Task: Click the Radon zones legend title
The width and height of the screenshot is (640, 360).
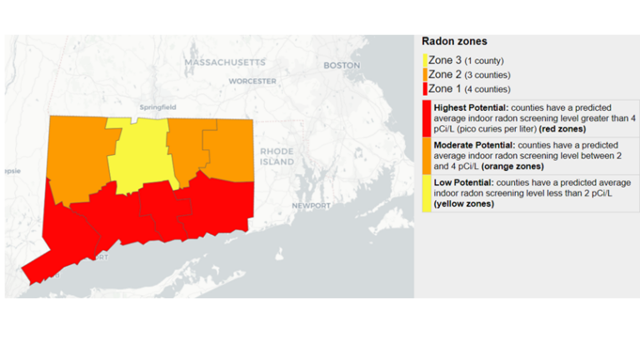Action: pyautogui.click(x=454, y=41)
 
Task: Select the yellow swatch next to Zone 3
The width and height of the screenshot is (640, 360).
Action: pyautogui.click(x=425, y=60)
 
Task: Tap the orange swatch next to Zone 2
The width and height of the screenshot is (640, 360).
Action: pyautogui.click(x=425, y=74)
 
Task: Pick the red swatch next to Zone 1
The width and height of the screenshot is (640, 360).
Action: pyautogui.click(x=425, y=88)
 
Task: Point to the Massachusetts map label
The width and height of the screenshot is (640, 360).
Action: pyautogui.click(x=225, y=62)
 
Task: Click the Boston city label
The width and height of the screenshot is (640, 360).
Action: pyautogui.click(x=342, y=65)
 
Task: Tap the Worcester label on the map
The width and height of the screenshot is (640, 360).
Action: pyautogui.click(x=252, y=82)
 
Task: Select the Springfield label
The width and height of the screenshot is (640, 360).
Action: pyautogui.click(x=158, y=107)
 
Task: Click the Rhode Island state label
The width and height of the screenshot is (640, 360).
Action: pyautogui.click(x=277, y=156)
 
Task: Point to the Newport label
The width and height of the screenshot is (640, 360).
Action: pyautogui.click(x=311, y=205)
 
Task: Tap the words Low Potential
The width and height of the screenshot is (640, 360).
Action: pyautogui.click(x=463, y=182)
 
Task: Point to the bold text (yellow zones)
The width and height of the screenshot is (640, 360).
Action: pyautogui.click(x=463, y=203)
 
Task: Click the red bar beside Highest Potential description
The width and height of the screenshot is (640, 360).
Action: pyautogui.click(x=427, y=118)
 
